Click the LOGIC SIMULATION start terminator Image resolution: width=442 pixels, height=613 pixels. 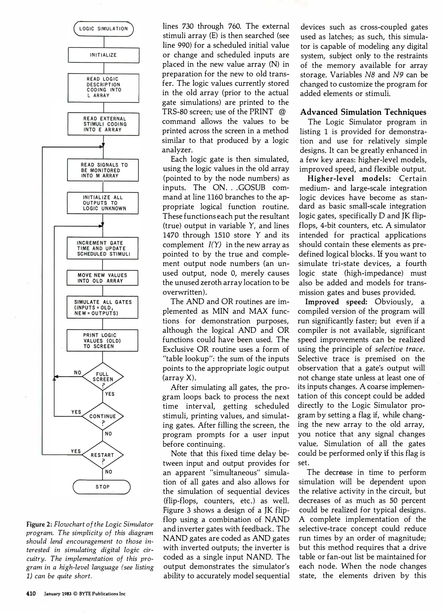[x=103, y=29]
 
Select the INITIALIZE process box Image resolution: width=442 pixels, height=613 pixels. [x=103, y=55]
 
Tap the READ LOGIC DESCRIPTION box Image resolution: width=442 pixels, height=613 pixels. [x=103, y=87]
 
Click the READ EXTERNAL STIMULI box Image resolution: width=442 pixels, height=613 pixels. [x=103, y=124]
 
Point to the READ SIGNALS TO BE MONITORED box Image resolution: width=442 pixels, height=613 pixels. [x=103, y=170]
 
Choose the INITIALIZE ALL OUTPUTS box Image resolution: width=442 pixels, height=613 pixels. [x=103, y=203]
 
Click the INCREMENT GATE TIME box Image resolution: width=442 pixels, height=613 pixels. [x=103, y=248]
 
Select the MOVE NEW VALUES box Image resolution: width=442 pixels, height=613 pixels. [x=103, y=278]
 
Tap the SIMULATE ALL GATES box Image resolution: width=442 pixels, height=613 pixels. [x=103, y=307]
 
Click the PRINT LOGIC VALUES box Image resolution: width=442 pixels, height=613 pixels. [x=103, y=341]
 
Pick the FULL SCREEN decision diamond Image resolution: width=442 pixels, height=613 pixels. [x=103, y=377]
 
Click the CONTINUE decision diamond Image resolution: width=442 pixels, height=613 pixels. [x=103, y=416]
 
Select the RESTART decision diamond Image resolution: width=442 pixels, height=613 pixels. [x=103, y=455]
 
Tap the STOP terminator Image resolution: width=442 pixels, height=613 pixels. [x=102, y=487]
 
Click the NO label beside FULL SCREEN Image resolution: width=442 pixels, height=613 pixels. [x=78, y=372]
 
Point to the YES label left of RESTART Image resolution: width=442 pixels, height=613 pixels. [x=76, y=451]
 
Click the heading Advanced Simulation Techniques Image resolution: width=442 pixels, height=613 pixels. [x=363, y=112]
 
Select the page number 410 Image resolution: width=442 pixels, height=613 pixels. [x=31, y=594]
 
